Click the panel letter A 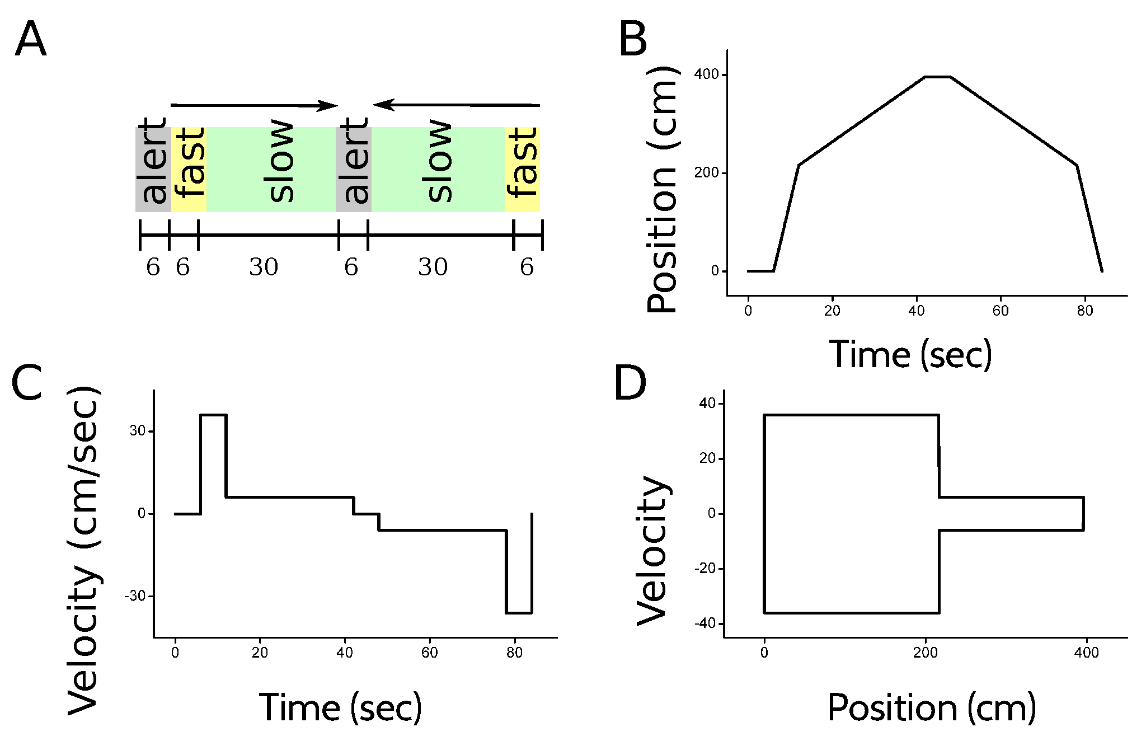point(30,41)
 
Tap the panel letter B point(633,41)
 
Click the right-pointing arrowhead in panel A point(328,105)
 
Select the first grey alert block point(153,169)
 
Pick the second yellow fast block point(522,169)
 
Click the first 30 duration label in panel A point(264,267)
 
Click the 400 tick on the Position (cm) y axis point(706,74)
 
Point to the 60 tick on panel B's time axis point(1001,311)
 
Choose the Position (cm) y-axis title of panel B point(662,190)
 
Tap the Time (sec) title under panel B point(910,354)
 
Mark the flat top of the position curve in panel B point(937,77)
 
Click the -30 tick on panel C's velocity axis point(135,597)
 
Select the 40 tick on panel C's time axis point(345,653)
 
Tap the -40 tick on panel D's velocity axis point(707,623)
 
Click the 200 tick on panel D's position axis point(925,653)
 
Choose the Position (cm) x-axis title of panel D point(932,707)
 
